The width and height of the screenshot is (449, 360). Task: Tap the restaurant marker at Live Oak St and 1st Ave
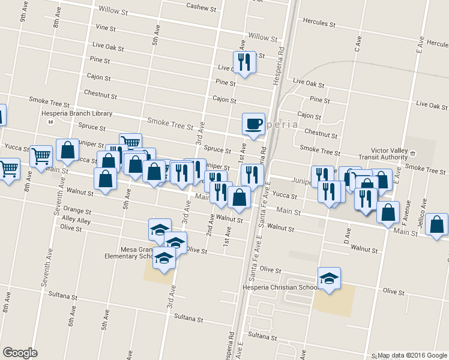(243, 62)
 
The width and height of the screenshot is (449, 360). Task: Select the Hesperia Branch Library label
(77, 113)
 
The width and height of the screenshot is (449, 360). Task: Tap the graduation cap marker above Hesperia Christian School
(329, 278)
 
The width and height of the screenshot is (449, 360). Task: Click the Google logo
(20, 353)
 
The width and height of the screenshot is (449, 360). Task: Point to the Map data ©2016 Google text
(411, 355)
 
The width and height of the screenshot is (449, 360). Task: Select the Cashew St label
(201, 7)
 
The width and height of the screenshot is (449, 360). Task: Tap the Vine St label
(105, 28)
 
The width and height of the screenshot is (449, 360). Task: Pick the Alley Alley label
(76, 221)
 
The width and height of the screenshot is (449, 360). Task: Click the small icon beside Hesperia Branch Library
(50, 121)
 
